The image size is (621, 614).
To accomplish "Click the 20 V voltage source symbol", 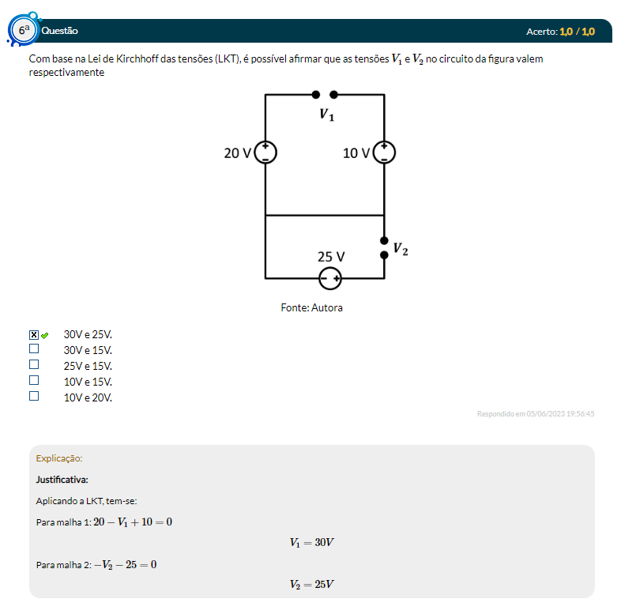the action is tap(265, 152).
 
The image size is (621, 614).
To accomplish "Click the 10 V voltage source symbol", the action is tap(384, 152).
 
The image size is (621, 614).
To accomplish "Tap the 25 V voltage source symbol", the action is tap(330, 278).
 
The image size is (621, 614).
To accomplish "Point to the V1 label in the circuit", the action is tap(326, 115).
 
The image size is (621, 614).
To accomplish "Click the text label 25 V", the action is tap(331, 257).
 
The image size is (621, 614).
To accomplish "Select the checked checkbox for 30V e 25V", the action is tap(34, 335).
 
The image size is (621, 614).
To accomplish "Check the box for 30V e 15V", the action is tap(34, 348).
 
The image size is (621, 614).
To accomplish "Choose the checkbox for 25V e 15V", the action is tap(34, 364).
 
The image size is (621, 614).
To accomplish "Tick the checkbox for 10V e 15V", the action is tap(34, 380).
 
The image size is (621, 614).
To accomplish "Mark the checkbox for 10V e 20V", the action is tap(34, 396).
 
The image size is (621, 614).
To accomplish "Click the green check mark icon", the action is tap(45, 335).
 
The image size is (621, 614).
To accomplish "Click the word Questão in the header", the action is tap(59, 31).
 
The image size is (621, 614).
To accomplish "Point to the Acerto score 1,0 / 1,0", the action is tap(576, 31).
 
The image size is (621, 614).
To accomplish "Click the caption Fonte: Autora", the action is tap(311, 307).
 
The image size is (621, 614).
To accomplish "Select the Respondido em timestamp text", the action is tap(536, 413).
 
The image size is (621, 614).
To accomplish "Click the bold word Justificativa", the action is tap(62, 479).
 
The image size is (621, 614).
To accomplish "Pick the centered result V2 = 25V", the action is tap(312, 584).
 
